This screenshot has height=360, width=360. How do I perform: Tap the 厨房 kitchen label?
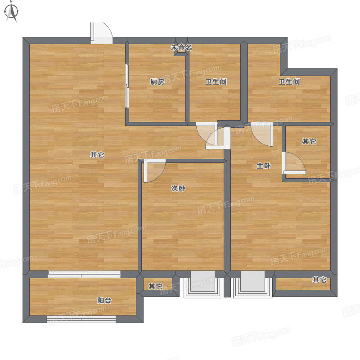157,82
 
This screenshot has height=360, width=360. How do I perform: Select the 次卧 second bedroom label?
178,188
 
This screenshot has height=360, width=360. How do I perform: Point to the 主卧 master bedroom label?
264,166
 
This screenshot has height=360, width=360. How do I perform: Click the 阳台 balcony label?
104,300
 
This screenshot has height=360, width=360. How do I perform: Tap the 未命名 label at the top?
181,48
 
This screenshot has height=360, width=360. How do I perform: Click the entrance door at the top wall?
101,33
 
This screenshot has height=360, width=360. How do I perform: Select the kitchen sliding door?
127,85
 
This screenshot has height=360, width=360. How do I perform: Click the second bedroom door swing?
154,171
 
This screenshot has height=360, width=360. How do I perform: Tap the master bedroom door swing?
262,134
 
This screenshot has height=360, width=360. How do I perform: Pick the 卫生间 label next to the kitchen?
216,82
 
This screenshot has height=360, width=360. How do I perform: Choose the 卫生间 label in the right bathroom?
289,82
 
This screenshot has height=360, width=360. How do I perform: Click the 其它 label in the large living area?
97,155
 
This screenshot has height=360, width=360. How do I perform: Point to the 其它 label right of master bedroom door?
309,141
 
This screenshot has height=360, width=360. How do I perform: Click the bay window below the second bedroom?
203,285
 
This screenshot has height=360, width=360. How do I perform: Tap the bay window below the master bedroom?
252,285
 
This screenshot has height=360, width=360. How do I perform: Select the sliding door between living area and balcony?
84,274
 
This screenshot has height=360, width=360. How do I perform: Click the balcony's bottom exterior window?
81,319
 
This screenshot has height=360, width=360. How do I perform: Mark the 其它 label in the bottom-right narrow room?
319,279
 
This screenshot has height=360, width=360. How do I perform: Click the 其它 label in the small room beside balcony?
156,286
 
